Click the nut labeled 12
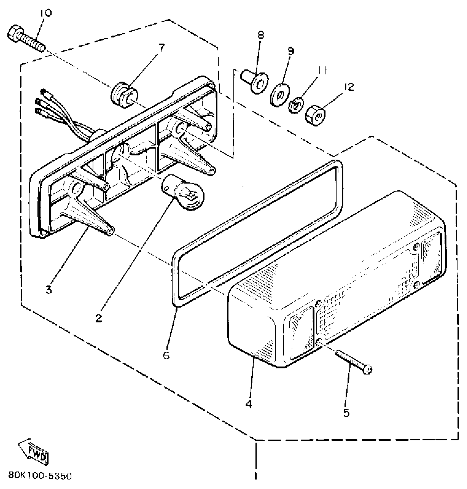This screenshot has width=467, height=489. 315,116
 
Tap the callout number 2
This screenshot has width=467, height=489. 99,318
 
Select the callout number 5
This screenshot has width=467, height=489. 347,412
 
